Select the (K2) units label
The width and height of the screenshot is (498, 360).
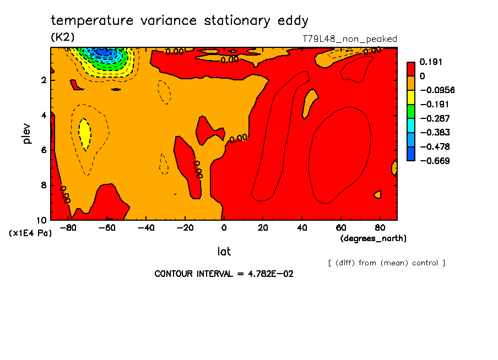[x=62, y=37]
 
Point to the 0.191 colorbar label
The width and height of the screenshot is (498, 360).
[x=432, y=62]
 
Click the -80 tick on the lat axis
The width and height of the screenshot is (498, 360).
[x=68, y=227]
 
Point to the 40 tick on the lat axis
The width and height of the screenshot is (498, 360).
[x=301, y=227]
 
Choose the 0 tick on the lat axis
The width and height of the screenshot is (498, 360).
[x=224, y=227]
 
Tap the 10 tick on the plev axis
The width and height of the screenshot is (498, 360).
[x=42, y=220]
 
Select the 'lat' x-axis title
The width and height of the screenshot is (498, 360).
[x=224, y=252]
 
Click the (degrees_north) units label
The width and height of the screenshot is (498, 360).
[x=373, y=238]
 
